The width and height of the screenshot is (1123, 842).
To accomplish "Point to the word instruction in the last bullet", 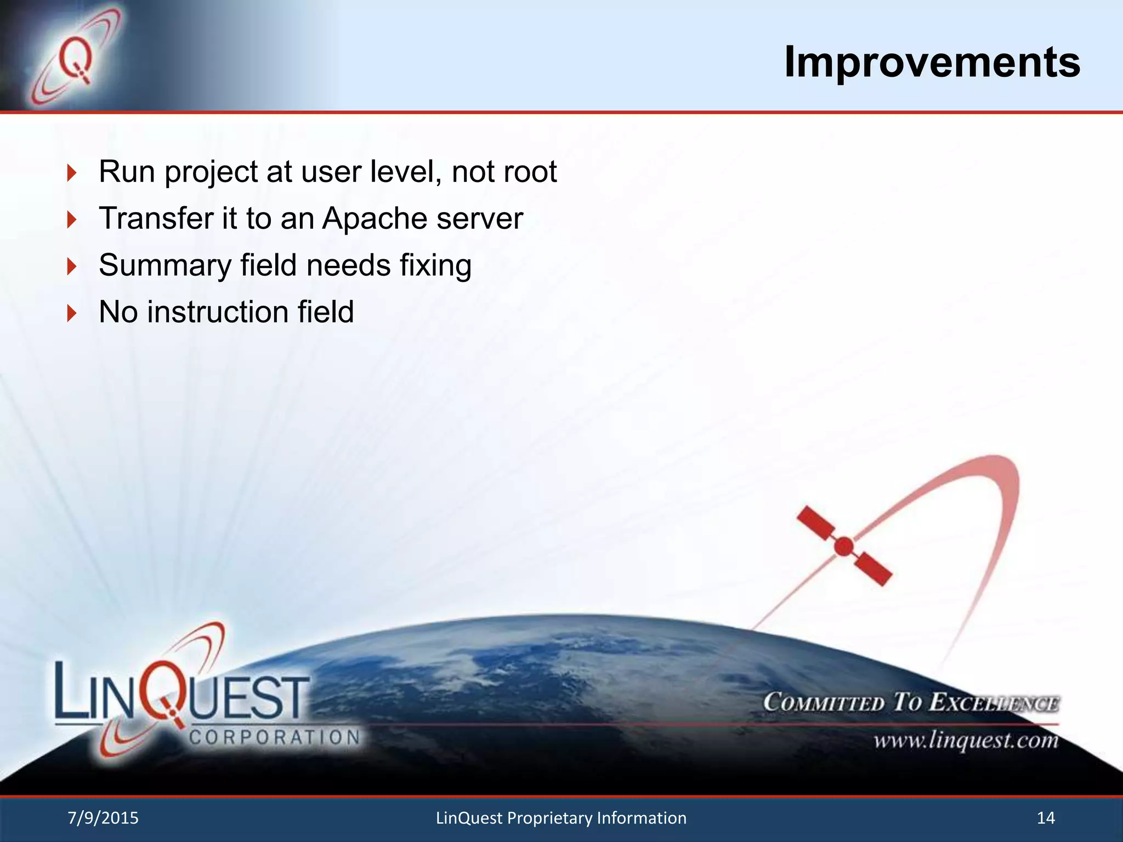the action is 217,312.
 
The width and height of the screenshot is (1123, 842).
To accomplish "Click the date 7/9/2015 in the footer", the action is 103,818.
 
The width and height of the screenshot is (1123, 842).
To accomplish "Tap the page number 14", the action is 1046,818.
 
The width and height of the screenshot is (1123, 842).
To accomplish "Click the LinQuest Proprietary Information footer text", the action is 561,818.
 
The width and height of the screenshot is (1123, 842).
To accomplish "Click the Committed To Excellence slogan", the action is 911,703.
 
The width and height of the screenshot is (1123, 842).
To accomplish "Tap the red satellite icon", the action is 844,547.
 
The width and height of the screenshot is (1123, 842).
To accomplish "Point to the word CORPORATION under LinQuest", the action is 274,737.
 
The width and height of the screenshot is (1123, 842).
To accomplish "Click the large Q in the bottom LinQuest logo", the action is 165,693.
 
